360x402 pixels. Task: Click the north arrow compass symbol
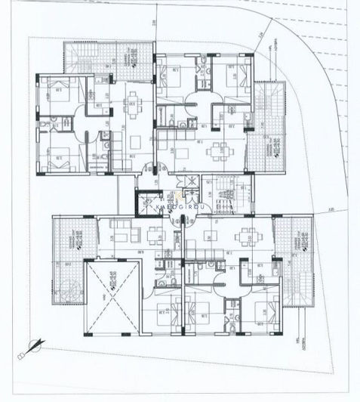pos(33,345)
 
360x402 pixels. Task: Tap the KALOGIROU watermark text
pos(180,204)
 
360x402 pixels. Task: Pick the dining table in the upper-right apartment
pos(220,149)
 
